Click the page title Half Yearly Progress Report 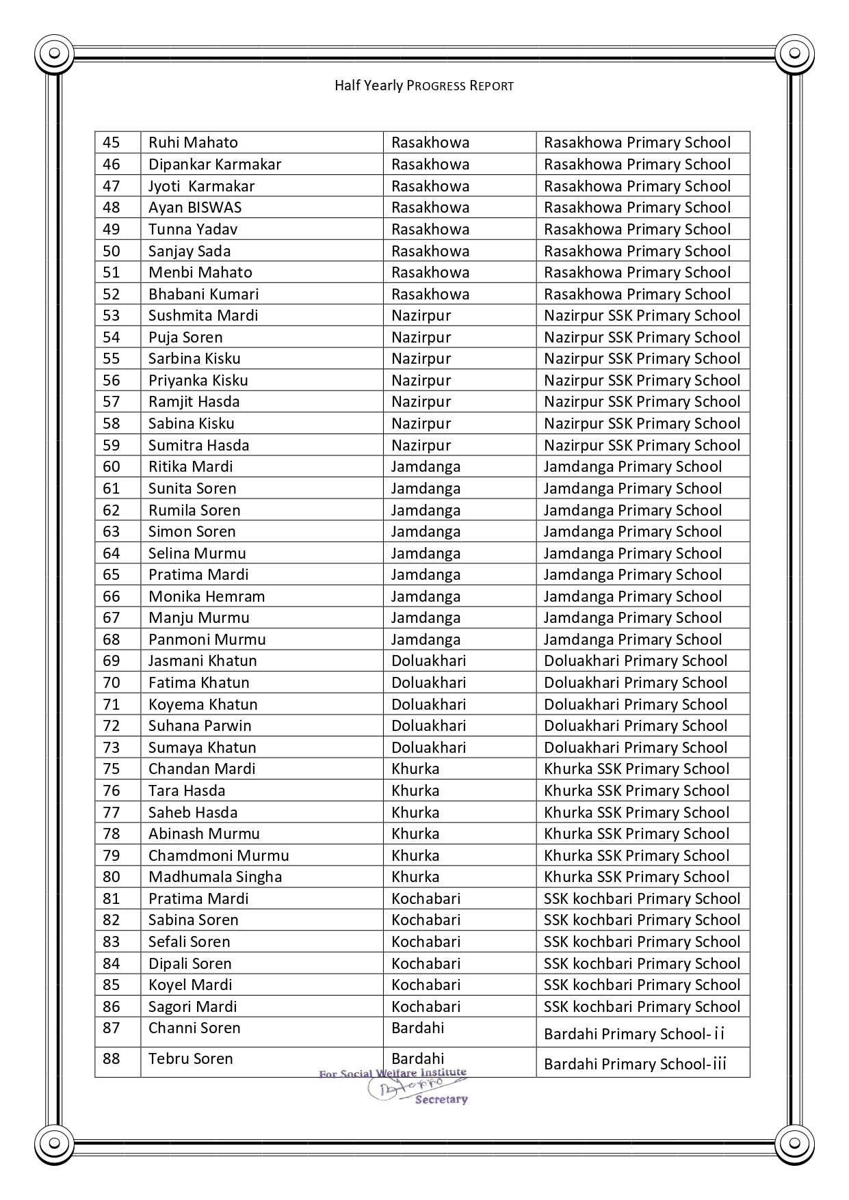coord(423,85)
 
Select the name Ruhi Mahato coord(193,142)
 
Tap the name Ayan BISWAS coord(195,207)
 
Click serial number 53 coord(111,315)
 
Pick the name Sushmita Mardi coord(203,315)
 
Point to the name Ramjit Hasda coord(194,401)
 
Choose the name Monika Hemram coord(207,596)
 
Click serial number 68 coord(111,639)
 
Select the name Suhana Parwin coord(200,725)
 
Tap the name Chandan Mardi coord(202,769)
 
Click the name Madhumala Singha coord(215,877)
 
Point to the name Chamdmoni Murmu coord(218,855)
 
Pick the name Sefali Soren coord(189,942)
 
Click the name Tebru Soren coord(190,1058)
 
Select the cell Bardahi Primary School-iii coord(635,1064)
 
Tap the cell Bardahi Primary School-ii coord(634,1034)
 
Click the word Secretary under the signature coord(441,1099)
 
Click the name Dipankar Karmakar coord(215,164)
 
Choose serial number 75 coord(111,769)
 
